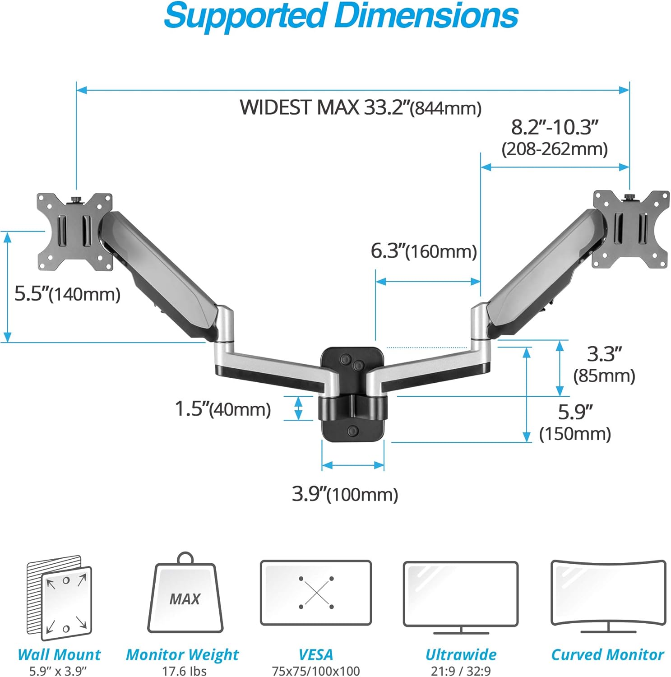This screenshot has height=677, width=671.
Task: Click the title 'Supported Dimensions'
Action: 341,16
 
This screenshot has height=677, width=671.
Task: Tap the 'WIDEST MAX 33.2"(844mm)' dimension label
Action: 360,108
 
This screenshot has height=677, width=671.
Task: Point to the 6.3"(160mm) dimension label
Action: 423,251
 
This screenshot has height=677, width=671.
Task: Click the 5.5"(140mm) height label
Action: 67,294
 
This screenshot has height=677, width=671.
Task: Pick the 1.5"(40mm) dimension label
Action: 222,409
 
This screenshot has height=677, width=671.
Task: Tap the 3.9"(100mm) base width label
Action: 345,494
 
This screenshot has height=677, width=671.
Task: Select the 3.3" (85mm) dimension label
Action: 604,364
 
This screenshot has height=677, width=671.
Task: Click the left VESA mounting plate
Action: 74,232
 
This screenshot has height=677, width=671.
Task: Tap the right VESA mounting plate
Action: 631,229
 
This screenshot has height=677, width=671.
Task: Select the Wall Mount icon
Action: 59,598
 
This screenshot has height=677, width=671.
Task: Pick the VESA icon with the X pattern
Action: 316,593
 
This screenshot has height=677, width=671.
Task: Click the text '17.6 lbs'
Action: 184,671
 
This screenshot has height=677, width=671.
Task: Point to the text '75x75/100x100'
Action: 316,671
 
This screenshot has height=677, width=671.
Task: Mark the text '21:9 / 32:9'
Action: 460,671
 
